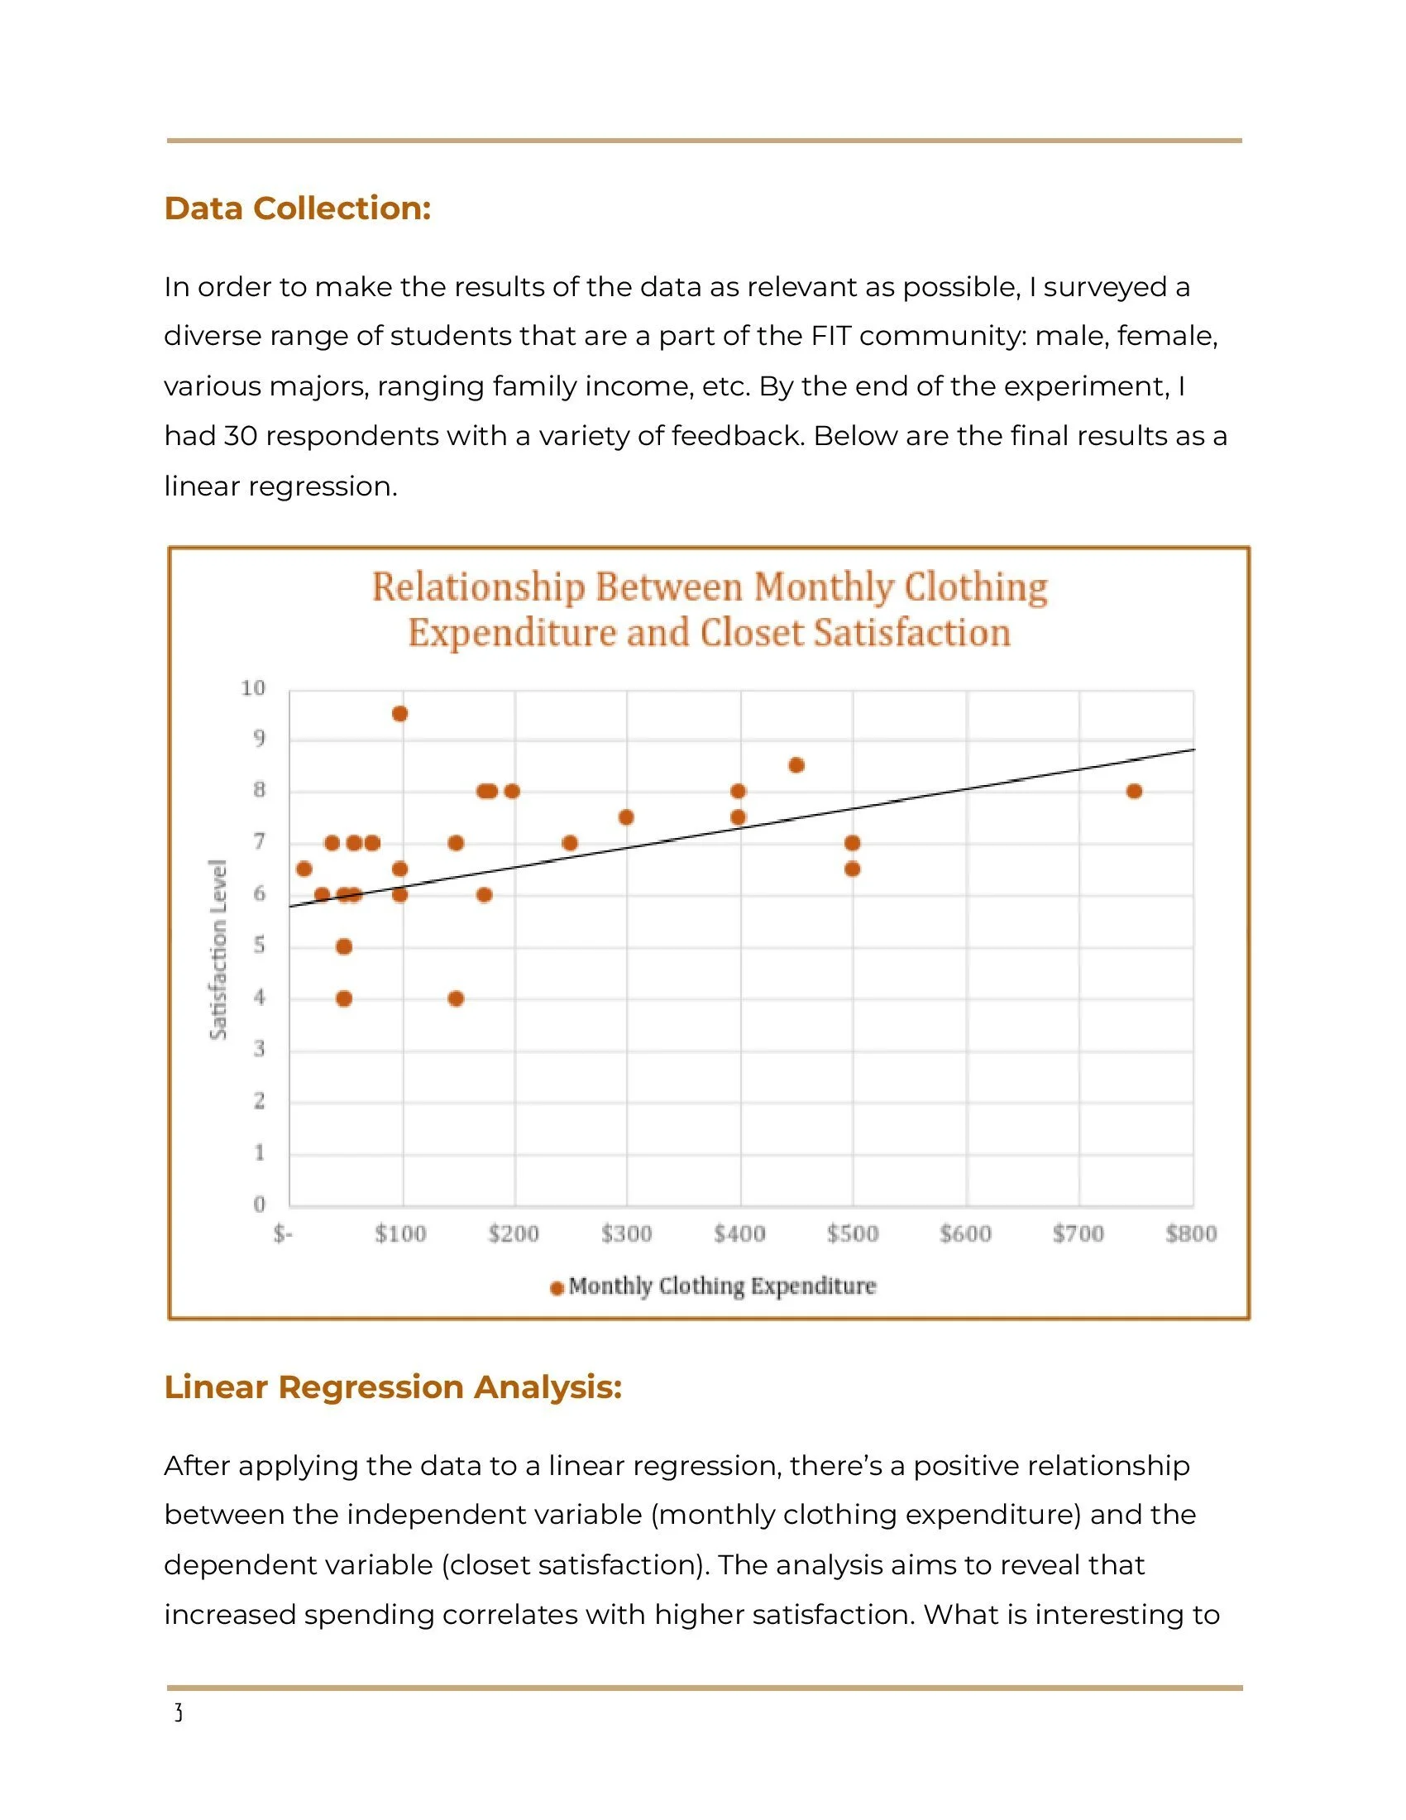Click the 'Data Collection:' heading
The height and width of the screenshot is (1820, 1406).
298,208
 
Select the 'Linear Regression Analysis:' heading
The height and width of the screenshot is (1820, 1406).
392,1387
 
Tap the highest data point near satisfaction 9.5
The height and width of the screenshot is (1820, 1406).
399,713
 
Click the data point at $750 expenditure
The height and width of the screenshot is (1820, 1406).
1134,791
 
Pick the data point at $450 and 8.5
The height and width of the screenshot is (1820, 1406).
796,765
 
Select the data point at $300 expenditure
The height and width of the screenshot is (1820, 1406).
626,817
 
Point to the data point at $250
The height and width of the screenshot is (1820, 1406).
570,842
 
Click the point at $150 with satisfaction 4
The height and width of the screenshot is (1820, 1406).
456,999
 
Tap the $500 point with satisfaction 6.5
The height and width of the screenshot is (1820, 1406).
852,869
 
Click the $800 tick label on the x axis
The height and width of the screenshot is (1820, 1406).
1191,1233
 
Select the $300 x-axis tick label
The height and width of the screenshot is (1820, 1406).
626,1233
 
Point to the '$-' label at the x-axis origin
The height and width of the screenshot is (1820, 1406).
283,1233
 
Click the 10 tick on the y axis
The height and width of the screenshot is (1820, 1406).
253,687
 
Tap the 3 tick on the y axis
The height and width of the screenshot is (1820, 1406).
259,1048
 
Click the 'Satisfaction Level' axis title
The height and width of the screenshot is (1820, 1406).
218,949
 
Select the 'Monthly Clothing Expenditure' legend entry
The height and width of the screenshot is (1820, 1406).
721,1286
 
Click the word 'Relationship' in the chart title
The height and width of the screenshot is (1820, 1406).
478,587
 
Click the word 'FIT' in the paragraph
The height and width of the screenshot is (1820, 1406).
830,336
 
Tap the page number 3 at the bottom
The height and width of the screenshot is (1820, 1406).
178,1714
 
